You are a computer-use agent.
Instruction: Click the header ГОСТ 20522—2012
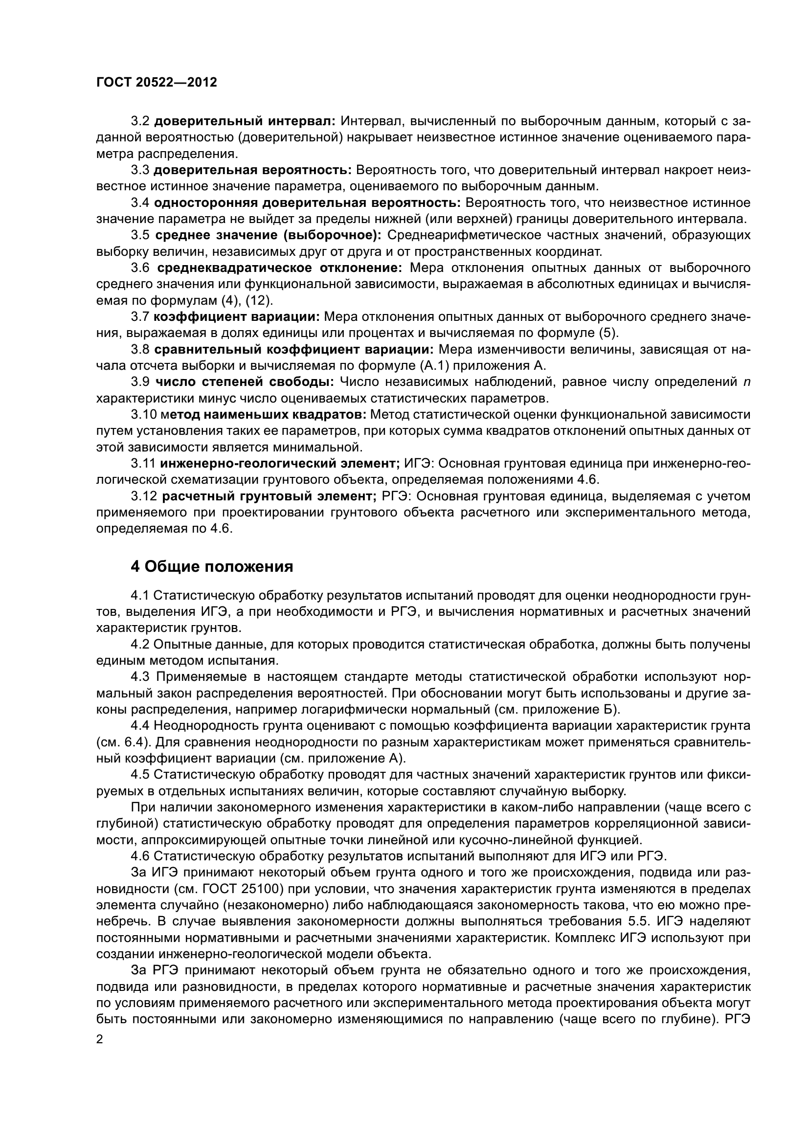[x=157, y=83]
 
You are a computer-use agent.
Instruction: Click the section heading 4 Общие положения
[x=212, y=566]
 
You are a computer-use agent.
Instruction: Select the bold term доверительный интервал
[x=245, y=121]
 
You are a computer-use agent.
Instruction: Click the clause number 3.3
[x=140, y=170]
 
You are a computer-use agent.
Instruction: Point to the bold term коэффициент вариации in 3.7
[x=237, y=317]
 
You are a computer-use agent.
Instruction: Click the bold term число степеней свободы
[x=245, y=382]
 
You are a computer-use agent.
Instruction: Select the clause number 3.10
[x=143, y=415]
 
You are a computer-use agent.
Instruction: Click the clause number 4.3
[x=140, y=676]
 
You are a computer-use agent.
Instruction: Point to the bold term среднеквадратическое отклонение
[x=279, y=268]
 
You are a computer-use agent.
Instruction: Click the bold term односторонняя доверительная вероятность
[x=307, y=203]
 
